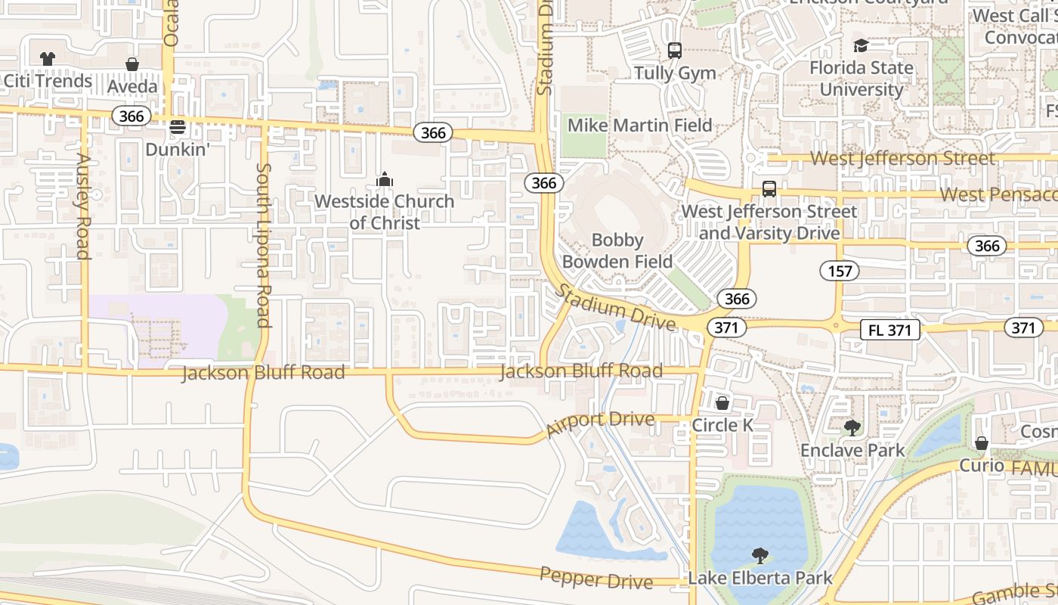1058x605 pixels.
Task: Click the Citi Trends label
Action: coord(47,81)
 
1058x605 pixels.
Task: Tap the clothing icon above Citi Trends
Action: coord(47,59)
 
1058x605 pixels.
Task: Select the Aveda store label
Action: coord(132,86)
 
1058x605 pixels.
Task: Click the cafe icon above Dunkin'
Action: coord(178,126)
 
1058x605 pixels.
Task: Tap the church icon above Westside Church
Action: coord(385,179)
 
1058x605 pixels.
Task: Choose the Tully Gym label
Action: coord(675,73)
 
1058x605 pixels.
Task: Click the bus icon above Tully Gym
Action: coord(675,51)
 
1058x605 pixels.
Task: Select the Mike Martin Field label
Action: coord(639,125)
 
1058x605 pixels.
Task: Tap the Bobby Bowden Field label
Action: coord(617,250)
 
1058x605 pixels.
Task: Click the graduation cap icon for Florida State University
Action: coord(861,46)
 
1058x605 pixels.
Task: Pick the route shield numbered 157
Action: coord(840,271)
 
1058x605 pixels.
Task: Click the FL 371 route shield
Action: coord(890,330)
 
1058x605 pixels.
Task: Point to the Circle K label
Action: coord(722,425)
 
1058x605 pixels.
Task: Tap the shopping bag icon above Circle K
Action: coord(722,403)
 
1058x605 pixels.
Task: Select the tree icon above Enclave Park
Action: coord(852,428)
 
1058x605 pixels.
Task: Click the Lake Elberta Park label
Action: coord(759,579)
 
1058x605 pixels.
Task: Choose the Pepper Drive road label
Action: coord(596,579)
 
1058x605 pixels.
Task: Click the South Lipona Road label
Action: coord(263,245)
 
